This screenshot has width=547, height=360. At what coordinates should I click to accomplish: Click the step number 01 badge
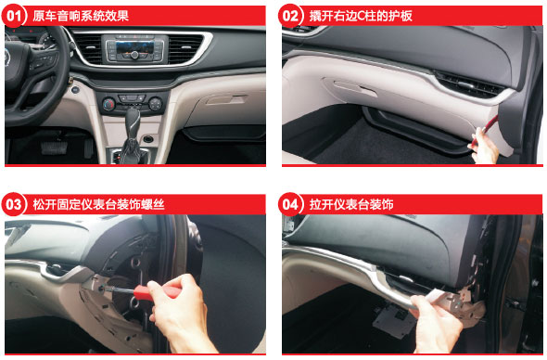[14, 16]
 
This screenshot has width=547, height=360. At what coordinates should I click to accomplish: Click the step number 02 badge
[290, 16]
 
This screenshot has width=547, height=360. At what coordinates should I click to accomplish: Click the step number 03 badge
[14, 204]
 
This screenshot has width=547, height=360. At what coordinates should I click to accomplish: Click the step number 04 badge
[290, 204]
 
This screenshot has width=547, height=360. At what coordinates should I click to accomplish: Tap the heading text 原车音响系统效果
[81, 16]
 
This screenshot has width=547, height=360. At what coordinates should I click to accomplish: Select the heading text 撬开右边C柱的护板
[361, 16]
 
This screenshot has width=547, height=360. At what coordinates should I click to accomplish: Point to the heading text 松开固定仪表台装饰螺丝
[98, 205]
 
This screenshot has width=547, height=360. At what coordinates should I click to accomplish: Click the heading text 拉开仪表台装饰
[351, 205]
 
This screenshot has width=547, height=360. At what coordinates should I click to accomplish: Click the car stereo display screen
[134, 46]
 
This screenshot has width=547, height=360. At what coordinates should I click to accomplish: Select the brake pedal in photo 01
[54, 148]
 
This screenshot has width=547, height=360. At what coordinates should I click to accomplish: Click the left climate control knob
[108, 104]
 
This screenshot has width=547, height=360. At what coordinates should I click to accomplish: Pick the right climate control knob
[155, 103]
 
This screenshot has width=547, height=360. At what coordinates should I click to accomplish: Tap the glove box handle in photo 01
[226, 100]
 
